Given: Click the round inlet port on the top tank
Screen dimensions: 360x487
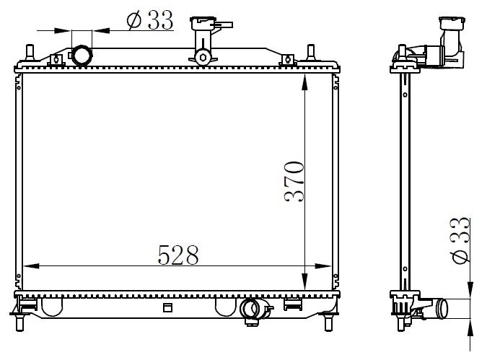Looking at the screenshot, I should pos(82,55).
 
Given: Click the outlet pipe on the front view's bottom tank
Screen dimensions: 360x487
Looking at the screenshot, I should pos(250,309).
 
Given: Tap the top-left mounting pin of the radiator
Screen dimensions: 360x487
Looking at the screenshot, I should pos(30,53).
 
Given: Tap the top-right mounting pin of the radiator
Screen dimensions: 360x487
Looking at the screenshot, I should pos(310,53).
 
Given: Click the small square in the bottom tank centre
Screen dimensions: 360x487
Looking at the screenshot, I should pos(168,308).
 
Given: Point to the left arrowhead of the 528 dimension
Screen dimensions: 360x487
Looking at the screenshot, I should pos(28,266).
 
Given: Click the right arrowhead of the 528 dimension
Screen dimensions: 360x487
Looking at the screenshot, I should pos(328,266).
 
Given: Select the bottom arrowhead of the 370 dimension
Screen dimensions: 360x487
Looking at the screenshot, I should pos(307,286).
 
